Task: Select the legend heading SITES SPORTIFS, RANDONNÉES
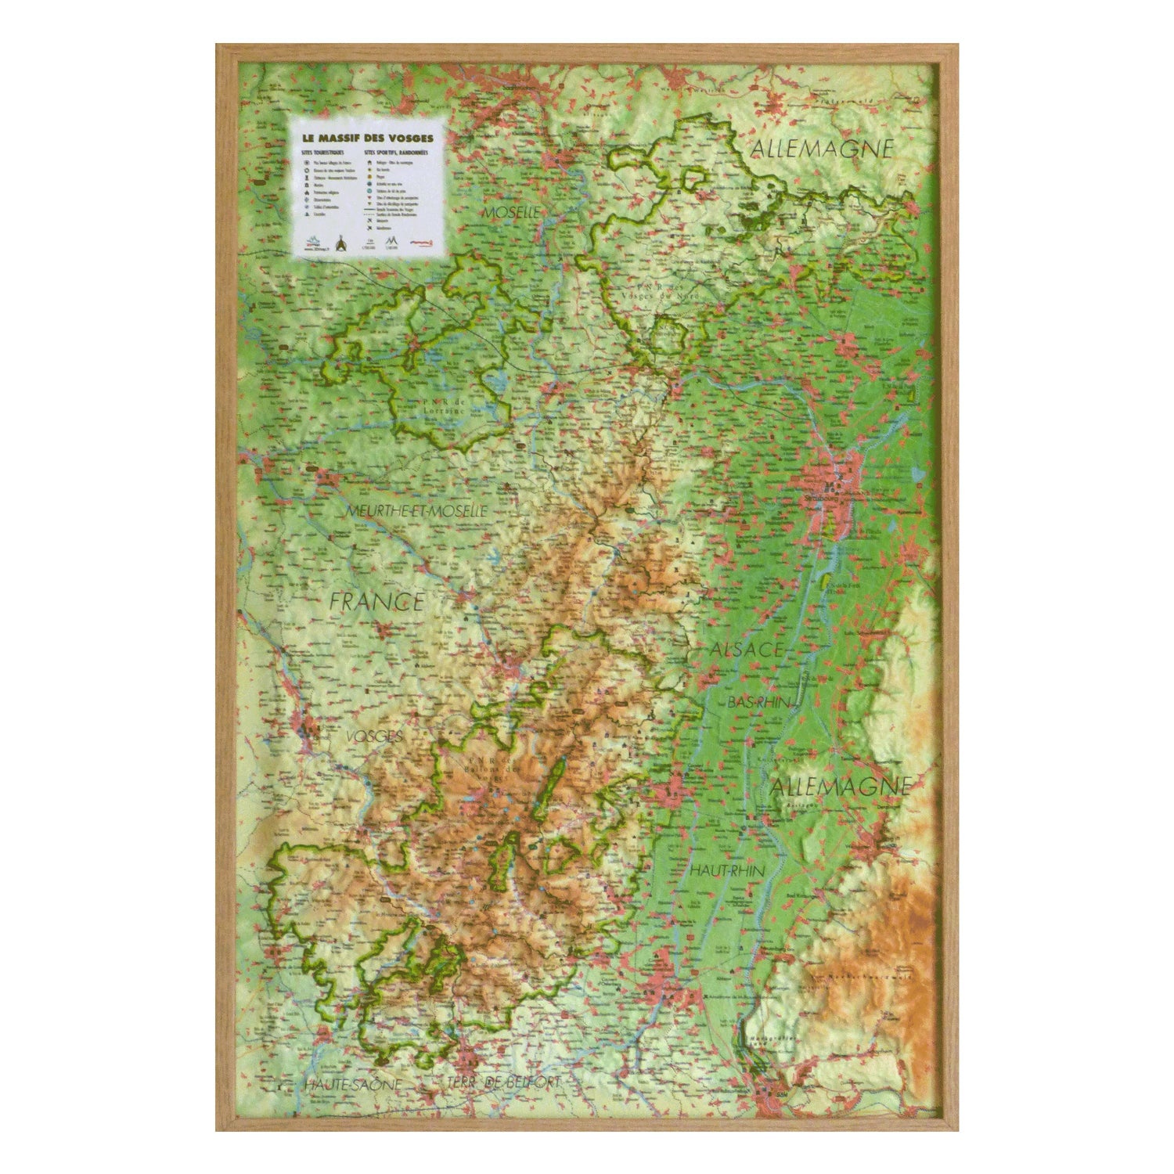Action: pos(395,153)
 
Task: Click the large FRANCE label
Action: pos(376,601)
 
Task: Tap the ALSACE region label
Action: pos(747,649)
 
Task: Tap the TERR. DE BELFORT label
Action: pos(506,1082)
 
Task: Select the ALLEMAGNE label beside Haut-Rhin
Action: pos(842,786)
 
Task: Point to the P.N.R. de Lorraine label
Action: pos(435,408)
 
